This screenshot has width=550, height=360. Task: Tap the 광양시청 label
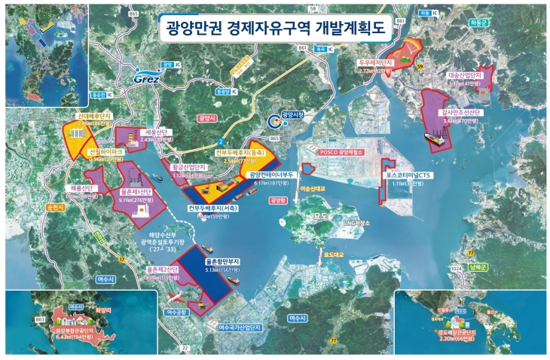291,114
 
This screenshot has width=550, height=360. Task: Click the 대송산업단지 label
464,75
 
